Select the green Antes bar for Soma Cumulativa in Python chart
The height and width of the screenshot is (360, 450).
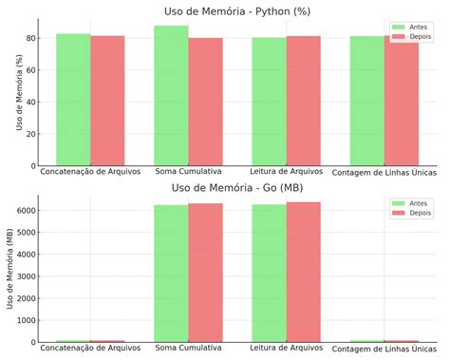coord(171,95)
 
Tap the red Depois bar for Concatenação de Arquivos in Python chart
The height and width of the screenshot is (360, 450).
coord(107,101)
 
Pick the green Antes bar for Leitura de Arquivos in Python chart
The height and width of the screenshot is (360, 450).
coord(269,102)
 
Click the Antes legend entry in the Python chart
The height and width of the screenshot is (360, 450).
coord(410,27)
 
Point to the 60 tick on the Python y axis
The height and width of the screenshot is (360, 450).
coord(30,70)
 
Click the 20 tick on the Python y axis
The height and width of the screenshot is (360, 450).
coord(30,134)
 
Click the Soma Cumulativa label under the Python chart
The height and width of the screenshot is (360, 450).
coord(188,173)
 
